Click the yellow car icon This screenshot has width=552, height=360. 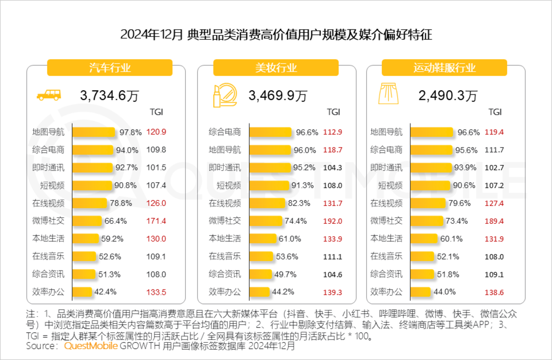tap(49, 95)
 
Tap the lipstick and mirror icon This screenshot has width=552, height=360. tap(225, 95)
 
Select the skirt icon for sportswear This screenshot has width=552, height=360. tap(388, 94)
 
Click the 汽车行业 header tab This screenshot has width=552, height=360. tap(110, 68)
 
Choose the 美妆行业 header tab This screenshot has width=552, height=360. tap(276, 68)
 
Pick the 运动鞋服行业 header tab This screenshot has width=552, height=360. tap(444, 68)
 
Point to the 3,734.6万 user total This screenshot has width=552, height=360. tap(109, 95)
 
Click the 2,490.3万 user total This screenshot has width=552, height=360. tap(448, 95)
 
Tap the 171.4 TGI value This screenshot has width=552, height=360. tap(156, 221)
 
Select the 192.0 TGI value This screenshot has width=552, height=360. tap(332, 221)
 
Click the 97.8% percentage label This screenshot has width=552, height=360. tap(130, 132)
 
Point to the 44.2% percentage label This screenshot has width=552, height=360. tap(283, 292)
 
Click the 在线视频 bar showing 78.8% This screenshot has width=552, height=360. tap(89, 203)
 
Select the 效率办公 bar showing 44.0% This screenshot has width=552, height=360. tap(421, 292)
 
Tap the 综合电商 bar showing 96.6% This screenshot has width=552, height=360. tap(270, 132)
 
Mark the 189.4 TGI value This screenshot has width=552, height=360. tap(494, 221)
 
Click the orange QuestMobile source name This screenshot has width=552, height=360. tap(91, 346)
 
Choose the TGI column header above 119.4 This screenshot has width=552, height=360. tap(495, 112)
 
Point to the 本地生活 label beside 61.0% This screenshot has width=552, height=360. tap(225, 238)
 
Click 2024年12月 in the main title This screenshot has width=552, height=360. tap(152, 35)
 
